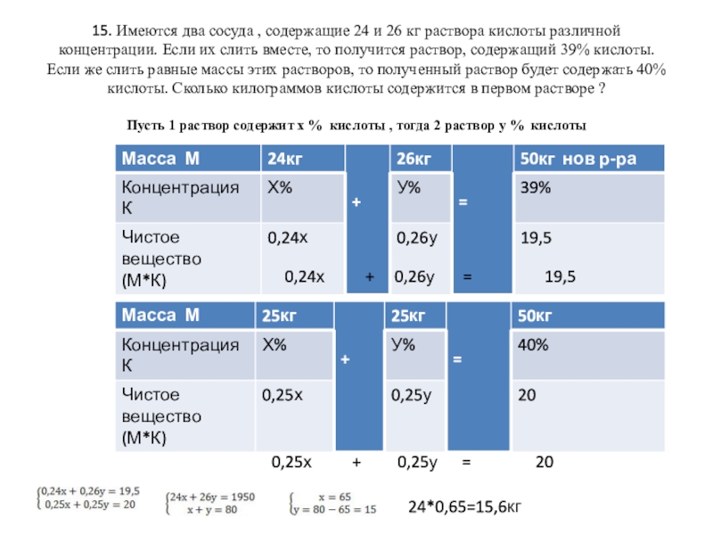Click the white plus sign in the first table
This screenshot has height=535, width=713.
pyautogui.click(x=356, y=203)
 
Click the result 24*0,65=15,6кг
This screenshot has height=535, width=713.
pyautogui.click(x=463, y=506)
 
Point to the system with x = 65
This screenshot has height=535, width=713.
pyautogui.click(x=332, y=503)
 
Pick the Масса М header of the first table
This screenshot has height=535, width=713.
pyautogui.click(x=160, y=160)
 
